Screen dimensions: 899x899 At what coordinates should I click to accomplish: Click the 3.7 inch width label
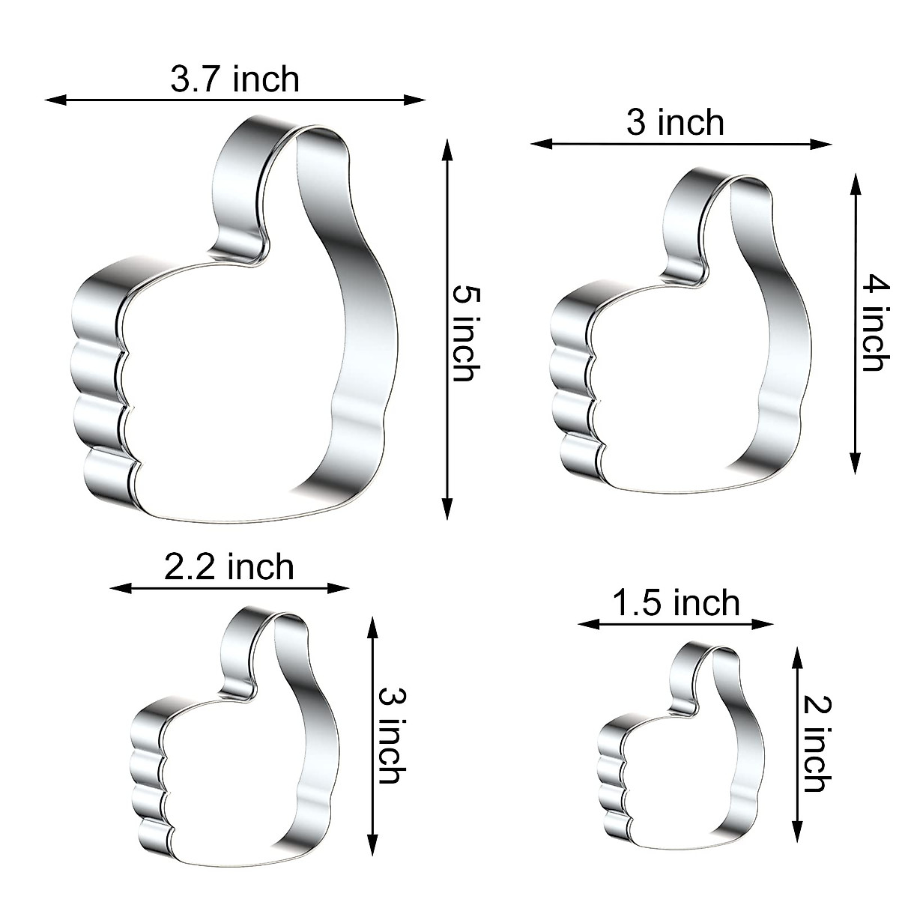coord(234,79)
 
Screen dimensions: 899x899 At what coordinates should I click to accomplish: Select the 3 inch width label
coord(675,122)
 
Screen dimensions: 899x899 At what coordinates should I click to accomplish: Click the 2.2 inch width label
coord(229,567)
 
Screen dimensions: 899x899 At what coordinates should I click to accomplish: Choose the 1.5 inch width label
coord(676,603)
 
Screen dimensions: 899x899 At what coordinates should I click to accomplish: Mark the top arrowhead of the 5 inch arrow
coord(447,151)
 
